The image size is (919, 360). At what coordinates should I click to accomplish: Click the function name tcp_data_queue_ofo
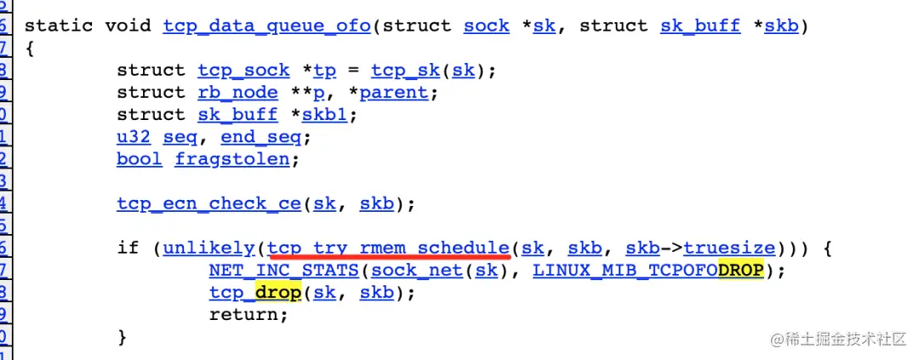coord(266,26)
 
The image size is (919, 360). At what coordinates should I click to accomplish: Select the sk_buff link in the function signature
coord(700,26)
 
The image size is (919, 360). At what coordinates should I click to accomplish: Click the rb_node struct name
coord(237,92)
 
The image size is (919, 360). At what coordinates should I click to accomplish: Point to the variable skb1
coord(324,114)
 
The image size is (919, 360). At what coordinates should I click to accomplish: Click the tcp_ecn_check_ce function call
coord(208,203)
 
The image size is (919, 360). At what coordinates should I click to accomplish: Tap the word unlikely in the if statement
coord(208,248)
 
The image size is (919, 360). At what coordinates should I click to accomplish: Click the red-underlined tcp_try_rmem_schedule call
coord(389,248)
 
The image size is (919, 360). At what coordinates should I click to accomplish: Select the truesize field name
coord(729,248)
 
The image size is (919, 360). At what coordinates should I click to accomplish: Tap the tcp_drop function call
coord(254,292)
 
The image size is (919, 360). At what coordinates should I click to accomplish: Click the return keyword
coord(243,314)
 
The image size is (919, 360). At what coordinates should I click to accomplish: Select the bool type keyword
coord(139,158)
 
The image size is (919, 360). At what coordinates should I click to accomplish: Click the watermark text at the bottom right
coord(837,340)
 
